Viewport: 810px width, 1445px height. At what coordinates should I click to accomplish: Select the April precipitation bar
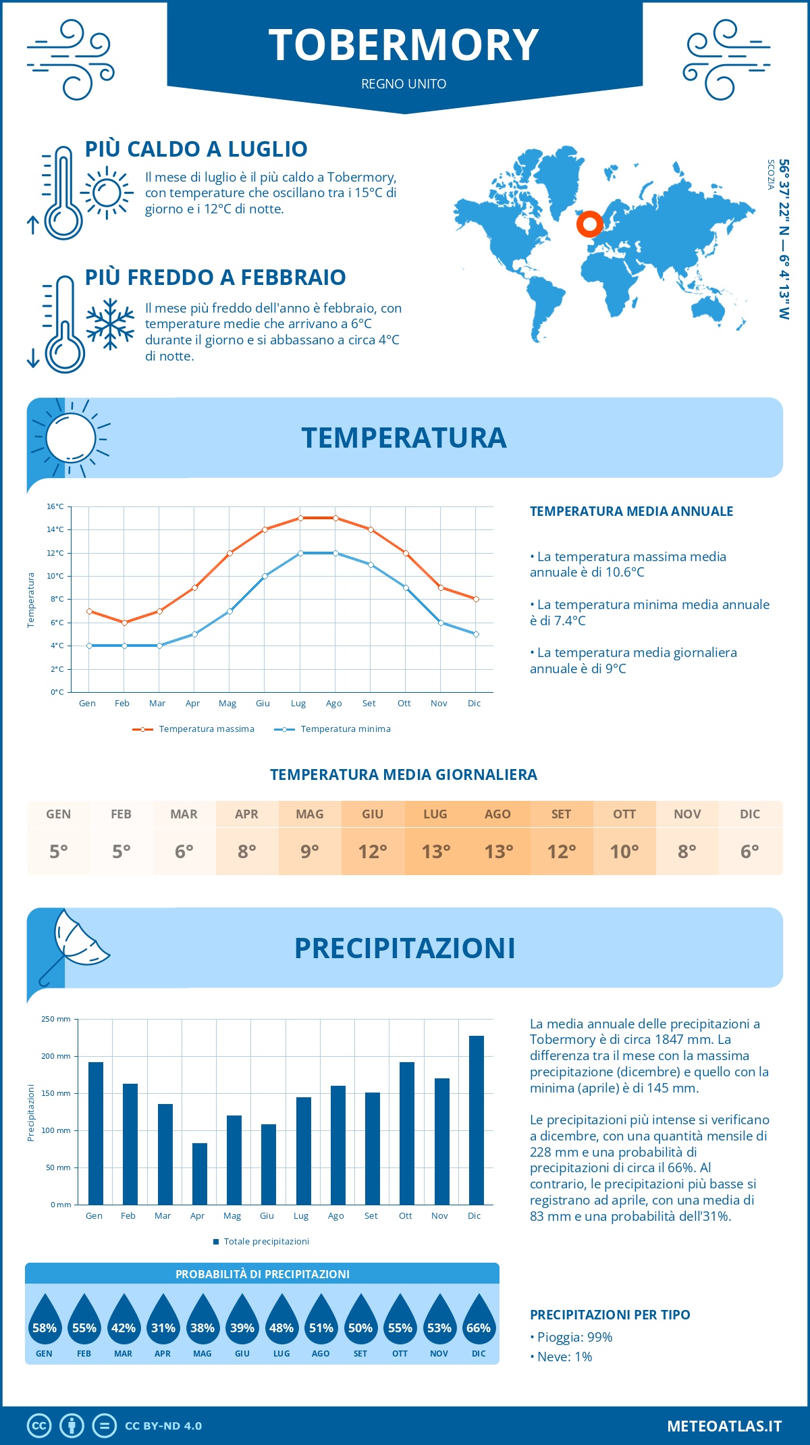click(200, 1174)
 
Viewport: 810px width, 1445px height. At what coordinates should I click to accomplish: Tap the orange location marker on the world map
click(590, 224)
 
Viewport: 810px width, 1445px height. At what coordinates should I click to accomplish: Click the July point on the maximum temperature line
click(300, 518)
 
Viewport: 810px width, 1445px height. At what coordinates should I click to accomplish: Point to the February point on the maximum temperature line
click(124, 623)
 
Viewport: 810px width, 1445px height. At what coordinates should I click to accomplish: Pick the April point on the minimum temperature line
click(194, 634)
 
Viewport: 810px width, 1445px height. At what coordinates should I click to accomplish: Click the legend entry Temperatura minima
click(333, 729)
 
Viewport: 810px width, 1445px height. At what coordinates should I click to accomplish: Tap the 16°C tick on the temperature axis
click(55, 506)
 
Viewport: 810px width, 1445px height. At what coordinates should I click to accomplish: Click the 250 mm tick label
click(56, 1019)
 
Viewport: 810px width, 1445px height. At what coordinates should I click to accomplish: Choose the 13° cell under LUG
click(435, 851)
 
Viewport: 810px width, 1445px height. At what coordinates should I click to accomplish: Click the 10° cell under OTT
click(624, 851)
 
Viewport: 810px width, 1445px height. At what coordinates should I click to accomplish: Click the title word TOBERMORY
click(404, 45)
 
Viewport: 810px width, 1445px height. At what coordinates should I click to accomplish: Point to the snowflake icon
click(110, 324)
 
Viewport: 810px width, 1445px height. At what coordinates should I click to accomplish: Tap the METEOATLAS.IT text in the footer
click(724, 1426)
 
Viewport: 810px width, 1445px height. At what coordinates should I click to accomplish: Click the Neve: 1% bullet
click(561, 1357)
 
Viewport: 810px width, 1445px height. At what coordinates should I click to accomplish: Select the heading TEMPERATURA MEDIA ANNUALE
click(631, 511)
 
